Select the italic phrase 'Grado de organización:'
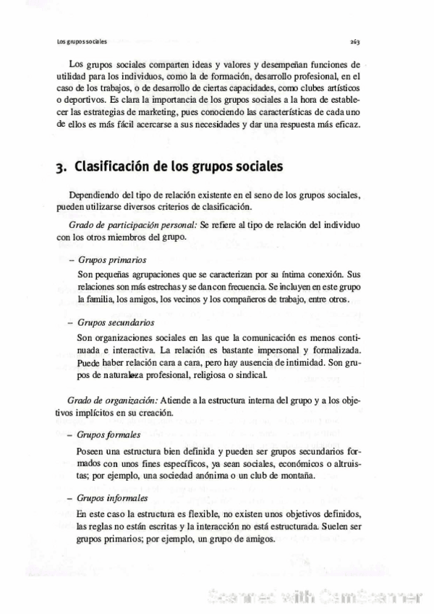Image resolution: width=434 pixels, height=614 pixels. (114, 400)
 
